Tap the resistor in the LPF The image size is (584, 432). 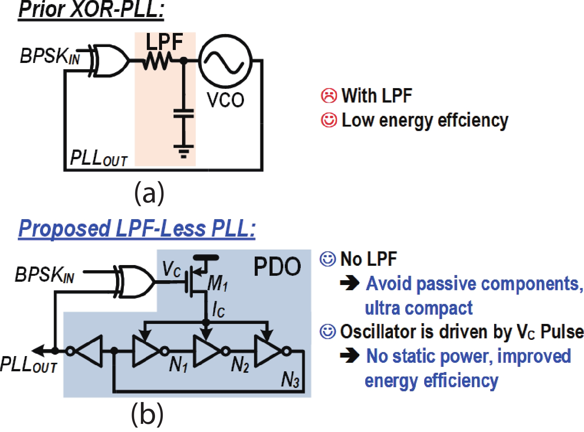158,61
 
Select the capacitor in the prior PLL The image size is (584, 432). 184,113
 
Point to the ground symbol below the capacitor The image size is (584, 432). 184,151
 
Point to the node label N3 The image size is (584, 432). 290,379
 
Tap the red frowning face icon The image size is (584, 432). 329,96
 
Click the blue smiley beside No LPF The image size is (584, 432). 328,259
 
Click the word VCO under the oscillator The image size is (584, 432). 225,100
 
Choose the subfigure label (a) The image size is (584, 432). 149,192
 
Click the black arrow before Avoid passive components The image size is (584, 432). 349,284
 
